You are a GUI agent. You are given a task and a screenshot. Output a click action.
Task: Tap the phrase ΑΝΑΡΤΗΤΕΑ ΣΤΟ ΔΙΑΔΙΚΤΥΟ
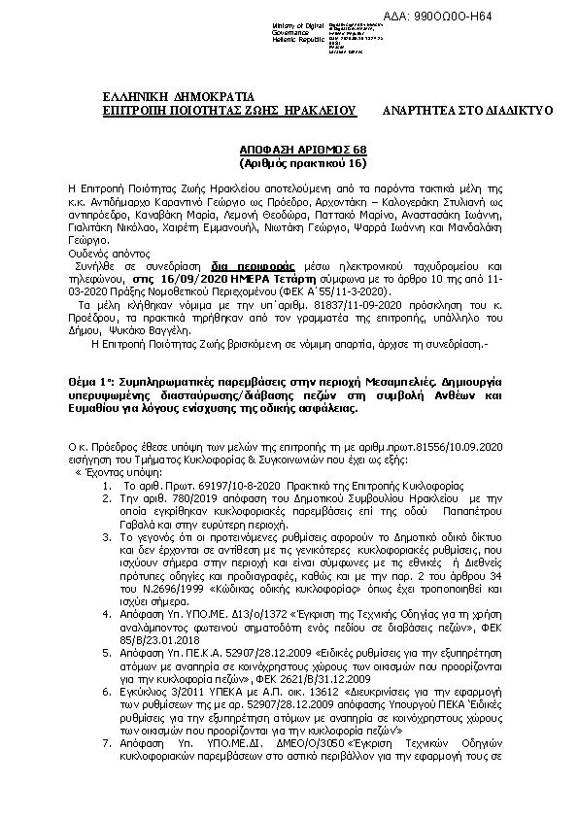468,111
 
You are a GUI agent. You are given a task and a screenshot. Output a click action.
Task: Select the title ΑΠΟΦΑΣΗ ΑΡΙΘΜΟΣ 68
289,151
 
